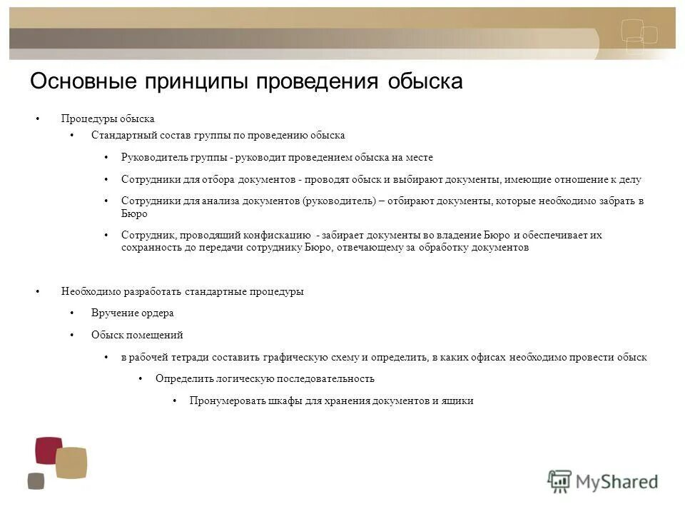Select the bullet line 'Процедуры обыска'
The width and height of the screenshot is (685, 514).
point(108,119)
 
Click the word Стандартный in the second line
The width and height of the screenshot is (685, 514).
point(121,135)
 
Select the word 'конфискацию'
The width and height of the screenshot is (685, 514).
point(280,235)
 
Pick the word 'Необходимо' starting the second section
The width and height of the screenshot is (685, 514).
point(91,291)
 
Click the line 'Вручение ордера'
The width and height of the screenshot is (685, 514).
point(132,313)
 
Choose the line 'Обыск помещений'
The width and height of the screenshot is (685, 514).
point(137,334)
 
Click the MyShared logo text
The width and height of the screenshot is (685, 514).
point(617,481)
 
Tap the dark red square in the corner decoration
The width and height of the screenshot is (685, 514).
point(49,450)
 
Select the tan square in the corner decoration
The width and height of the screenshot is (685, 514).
point(71,463)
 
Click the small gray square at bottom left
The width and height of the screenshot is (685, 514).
point(36,481)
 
